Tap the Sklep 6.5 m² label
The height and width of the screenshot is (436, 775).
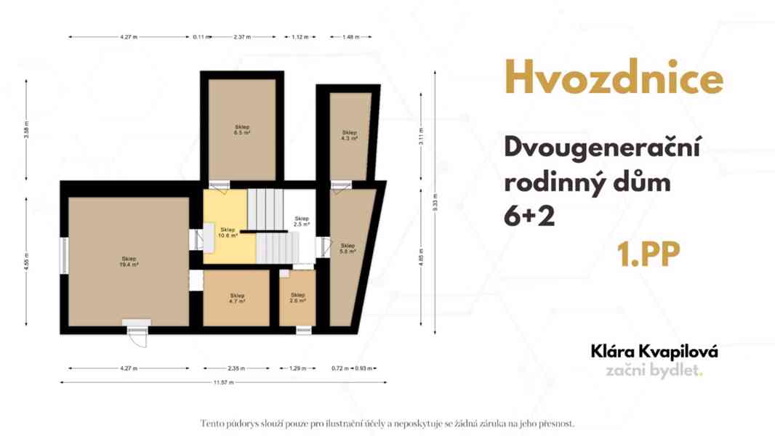242,131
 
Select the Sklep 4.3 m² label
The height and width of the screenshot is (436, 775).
350,134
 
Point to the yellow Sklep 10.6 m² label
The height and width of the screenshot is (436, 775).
229,233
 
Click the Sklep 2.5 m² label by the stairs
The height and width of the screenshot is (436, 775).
302,222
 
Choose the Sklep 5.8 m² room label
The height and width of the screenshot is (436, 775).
348,249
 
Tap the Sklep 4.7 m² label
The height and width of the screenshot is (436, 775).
237,298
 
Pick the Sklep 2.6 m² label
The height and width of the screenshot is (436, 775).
297,298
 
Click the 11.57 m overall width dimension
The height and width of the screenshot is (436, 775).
222,382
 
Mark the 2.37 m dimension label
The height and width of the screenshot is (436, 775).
242,36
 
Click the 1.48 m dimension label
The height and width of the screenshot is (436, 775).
350,36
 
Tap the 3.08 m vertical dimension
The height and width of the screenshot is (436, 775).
26,132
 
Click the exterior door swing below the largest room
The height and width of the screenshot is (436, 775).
137,336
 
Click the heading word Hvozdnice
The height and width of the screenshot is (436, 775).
614,78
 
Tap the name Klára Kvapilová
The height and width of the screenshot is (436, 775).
654,352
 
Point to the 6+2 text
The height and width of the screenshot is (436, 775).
529,216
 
